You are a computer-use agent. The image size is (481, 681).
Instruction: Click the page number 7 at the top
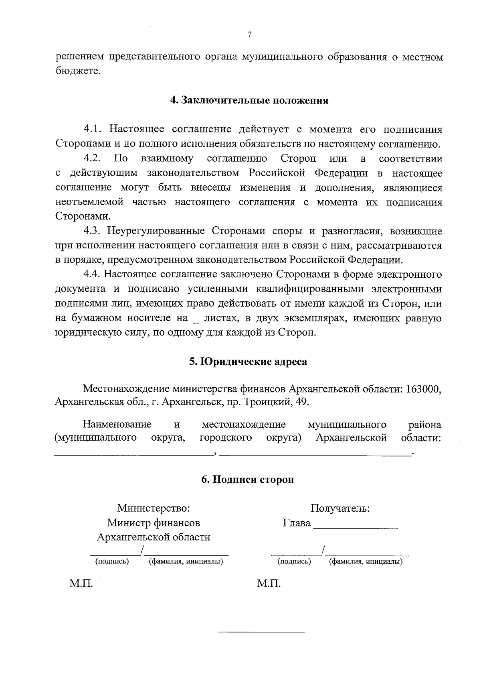[x=249, y=35]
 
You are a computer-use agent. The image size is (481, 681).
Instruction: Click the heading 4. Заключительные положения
[x=249, y=100]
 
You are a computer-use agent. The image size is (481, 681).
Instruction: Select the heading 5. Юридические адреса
[x=248, y=362]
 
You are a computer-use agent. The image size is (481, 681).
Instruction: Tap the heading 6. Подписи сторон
[x=248, y=480]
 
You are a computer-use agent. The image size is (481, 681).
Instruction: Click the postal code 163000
[x=423, y=389]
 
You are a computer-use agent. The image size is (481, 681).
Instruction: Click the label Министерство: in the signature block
[x=154, y=508]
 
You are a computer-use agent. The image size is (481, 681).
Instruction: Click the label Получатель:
[x=340, y=508]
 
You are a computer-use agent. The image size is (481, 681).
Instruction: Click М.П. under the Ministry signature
[x=81, y=583]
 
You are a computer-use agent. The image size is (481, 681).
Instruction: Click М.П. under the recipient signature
[x=269, y=583]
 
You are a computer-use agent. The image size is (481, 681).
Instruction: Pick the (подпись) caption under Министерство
[x=112, y=562]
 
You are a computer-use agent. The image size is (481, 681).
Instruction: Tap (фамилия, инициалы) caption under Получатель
[x=366, y=562]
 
